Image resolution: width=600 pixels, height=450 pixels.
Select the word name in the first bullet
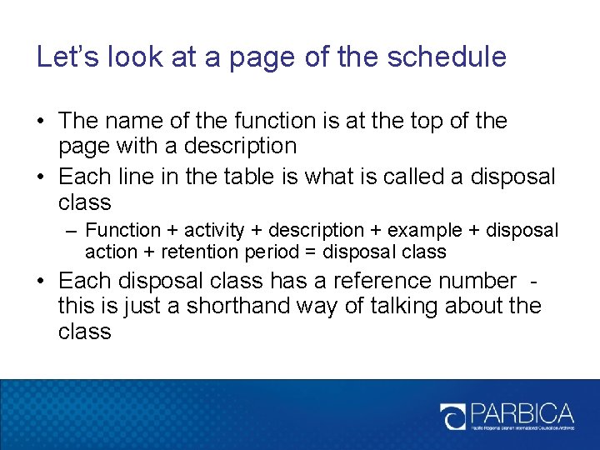(137, 121)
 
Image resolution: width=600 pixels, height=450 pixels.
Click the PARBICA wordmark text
(522, 412)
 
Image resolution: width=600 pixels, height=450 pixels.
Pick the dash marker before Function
(72, 230)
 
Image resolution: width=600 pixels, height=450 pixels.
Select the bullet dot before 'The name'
(41, 122)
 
